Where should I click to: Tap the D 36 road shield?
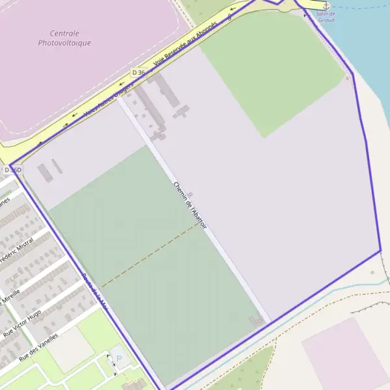(x=138, y=73)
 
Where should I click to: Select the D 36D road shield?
(x=13, y=170)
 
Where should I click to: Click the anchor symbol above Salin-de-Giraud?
(x=326, y=6)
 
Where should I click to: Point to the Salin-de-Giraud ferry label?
(x=326, y=16)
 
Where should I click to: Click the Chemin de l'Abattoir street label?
(x=190, y=204)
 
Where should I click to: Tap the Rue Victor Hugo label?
(x=23, y=322)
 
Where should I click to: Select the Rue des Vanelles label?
(x=38, y=347)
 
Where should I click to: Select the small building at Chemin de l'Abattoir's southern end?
(x=257, y=320)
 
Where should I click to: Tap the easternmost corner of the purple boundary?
(x=380, y=250)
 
